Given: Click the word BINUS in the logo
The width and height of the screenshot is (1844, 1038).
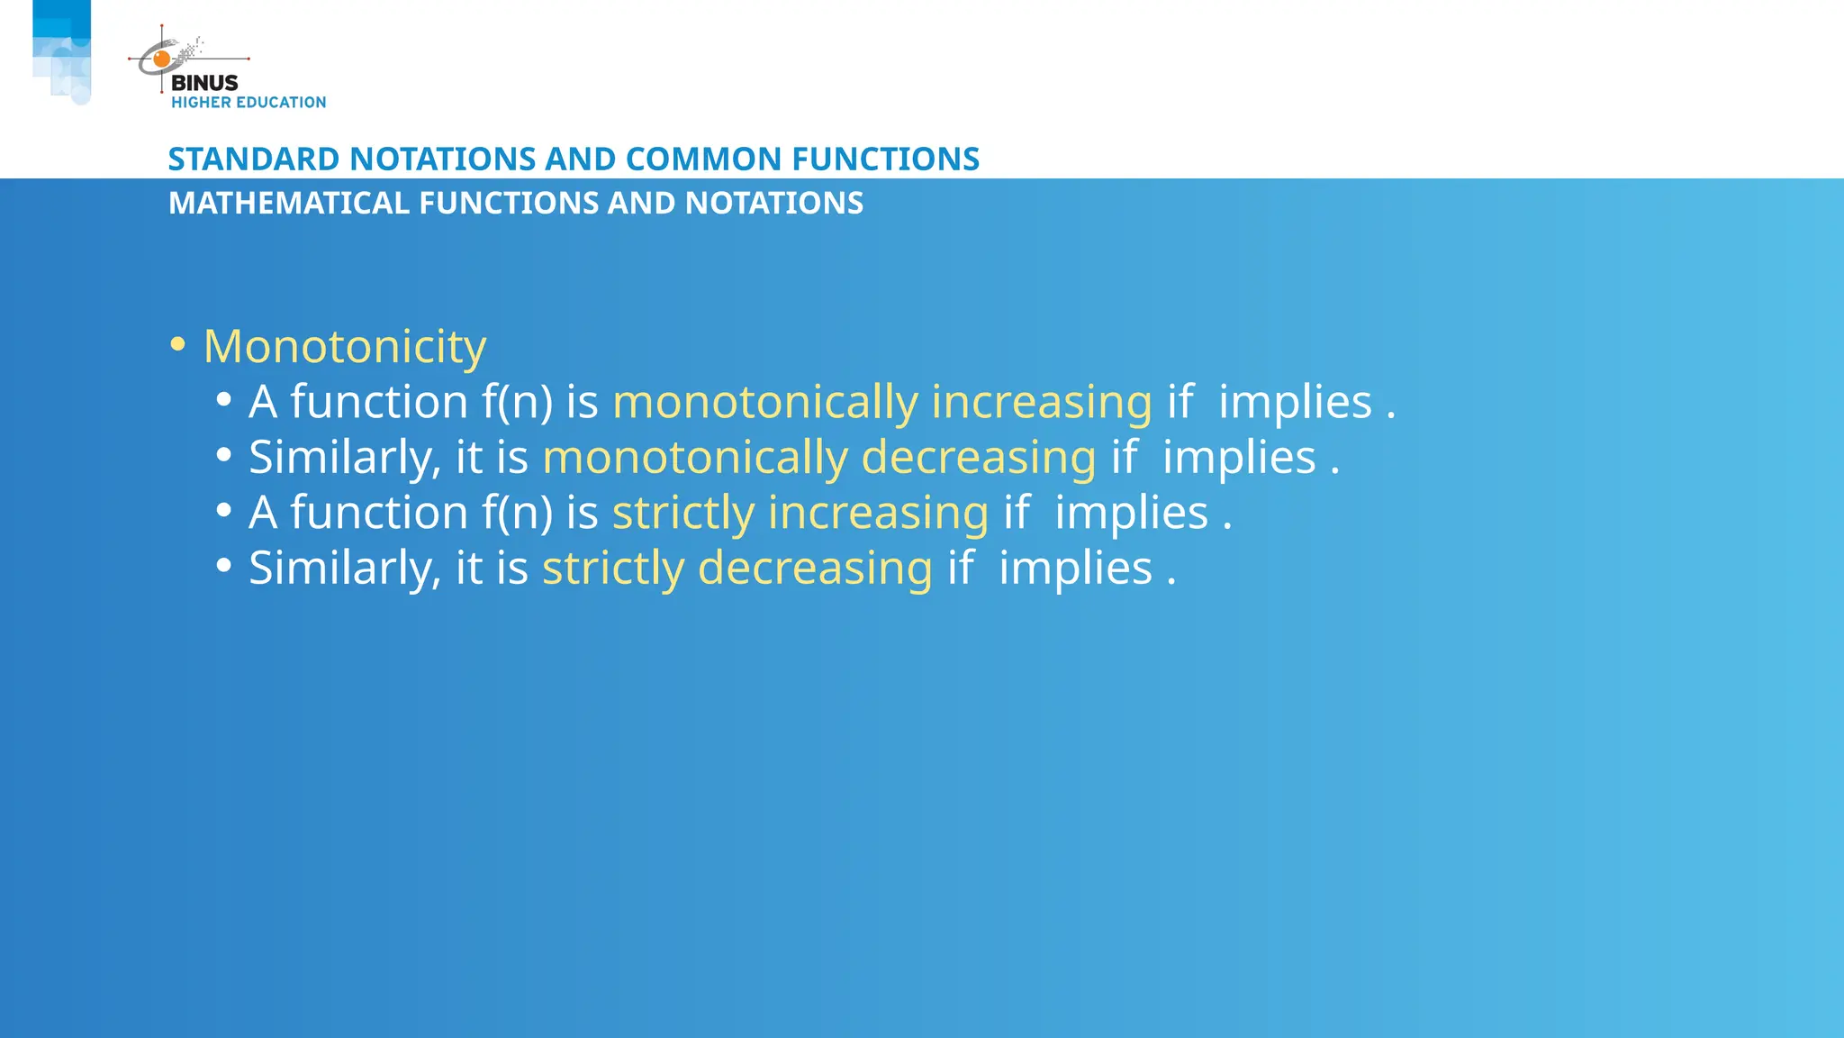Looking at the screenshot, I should [204, 83].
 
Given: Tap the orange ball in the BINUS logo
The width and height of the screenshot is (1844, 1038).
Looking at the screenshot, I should [162, 59].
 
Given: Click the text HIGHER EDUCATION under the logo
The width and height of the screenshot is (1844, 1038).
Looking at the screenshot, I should [249, 103].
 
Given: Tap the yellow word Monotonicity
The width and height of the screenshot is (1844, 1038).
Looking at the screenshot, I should [345, 347].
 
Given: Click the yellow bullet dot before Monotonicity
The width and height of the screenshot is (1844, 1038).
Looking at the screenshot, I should [177, 344].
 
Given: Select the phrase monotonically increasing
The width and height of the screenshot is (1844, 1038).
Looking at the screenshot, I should [881, 403].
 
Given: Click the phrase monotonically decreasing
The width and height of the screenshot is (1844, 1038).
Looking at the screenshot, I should [818, 458].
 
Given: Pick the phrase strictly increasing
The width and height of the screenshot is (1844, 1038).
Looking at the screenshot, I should [800, 514].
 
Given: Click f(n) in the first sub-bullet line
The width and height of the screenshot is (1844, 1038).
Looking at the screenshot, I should [517, 403].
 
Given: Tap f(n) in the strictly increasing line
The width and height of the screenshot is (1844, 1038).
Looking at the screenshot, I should [517, 514].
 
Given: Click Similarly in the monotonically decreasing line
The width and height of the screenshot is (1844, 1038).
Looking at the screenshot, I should [344, 458].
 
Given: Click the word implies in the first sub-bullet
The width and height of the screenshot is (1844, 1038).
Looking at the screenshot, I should [1295, 403].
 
